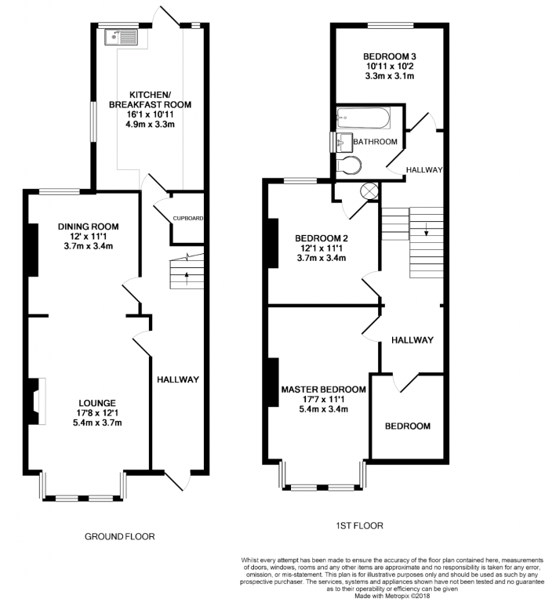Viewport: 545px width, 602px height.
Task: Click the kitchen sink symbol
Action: (x=121, y=37)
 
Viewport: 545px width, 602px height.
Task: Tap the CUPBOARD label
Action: (x=188, y=218)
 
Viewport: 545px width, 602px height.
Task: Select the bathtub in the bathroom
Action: (x=363, y=118)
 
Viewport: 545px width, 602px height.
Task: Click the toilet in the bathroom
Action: (x=349, y=165)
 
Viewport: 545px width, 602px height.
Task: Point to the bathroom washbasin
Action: (x=344, y=143)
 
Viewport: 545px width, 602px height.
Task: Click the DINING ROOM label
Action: (x=89, y=227)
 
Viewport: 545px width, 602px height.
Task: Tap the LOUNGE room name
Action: (x=97, y=403)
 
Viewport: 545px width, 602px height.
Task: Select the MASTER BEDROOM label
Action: (x=324, y=390)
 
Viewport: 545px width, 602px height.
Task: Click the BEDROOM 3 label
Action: (x=390, y=56)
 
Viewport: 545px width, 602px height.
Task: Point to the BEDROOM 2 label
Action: (x=322, y=238)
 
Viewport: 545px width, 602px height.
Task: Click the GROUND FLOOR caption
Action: (x=120, y=536)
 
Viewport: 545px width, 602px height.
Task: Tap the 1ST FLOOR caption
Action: (x=359, y=525)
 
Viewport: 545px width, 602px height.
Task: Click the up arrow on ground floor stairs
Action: (x=187, y=278)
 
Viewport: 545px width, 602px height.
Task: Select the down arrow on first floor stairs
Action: (x=426, y=229)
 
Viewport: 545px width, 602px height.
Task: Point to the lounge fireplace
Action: (x=37, y=401)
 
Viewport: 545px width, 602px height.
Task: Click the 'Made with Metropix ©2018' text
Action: (x=392, y=596)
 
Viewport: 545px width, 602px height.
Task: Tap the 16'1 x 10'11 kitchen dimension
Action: (x=151, y=114)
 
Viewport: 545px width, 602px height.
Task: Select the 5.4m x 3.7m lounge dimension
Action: (x=97, y=422)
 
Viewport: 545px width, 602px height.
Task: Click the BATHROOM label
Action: (x=376, y=142)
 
